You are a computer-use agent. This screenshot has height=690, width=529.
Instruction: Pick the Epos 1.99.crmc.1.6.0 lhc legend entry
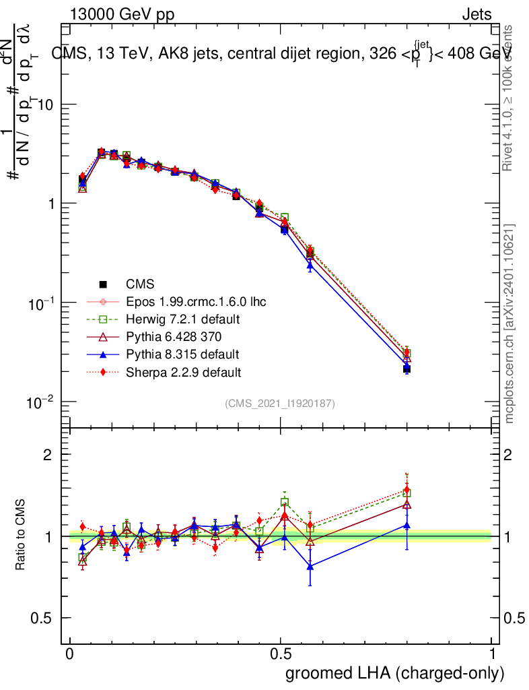tap(196, 301)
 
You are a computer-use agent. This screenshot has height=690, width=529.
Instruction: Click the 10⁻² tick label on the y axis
tap(40, 402)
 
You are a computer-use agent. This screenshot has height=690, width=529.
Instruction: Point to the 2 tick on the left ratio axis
tap(48, 455)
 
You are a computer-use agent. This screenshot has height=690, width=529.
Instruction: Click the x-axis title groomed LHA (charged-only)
tap(396, 674)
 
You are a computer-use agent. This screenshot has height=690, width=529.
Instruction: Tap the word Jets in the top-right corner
tap(477, 15)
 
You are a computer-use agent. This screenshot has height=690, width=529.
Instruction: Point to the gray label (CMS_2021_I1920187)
tap(281, 403)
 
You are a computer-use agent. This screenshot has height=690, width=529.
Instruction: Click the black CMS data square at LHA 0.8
tap(407, 369)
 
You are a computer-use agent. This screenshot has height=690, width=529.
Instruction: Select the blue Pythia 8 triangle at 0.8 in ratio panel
tap(407, 525)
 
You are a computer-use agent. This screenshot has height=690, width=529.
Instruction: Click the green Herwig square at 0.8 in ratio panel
tap(407, 493)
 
